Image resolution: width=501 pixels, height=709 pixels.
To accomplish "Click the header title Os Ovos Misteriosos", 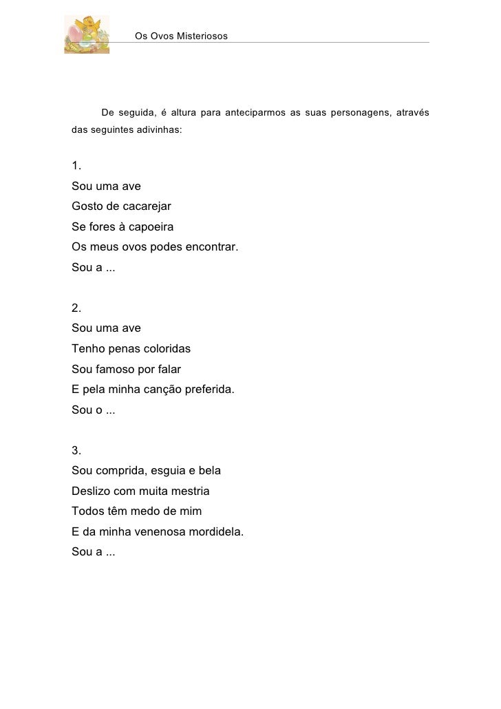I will point(180,35).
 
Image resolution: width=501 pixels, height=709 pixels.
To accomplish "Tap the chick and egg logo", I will point(86,34).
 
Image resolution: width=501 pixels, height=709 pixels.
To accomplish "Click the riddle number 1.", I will point(76,166).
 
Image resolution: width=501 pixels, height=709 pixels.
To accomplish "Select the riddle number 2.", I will point(76,308).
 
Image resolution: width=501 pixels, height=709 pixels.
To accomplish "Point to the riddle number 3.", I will point(76,451).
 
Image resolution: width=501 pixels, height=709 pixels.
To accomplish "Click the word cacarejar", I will point(145,207).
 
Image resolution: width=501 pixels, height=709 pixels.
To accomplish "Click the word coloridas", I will point(164,349).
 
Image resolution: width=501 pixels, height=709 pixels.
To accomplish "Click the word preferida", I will point(208,390).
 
